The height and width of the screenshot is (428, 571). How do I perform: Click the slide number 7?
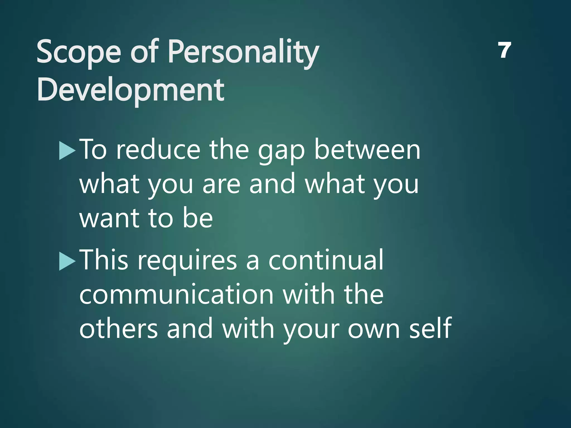(x=504, y=50)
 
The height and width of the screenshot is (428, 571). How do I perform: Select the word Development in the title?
(x=130, y=90)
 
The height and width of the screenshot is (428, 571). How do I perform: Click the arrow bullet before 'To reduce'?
(x=67, y=151)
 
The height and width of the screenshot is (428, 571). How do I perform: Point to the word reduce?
(x=158, y=150)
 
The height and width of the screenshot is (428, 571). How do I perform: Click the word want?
(x=109, y=218)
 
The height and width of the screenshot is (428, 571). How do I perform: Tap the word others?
(x=118, y=329)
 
